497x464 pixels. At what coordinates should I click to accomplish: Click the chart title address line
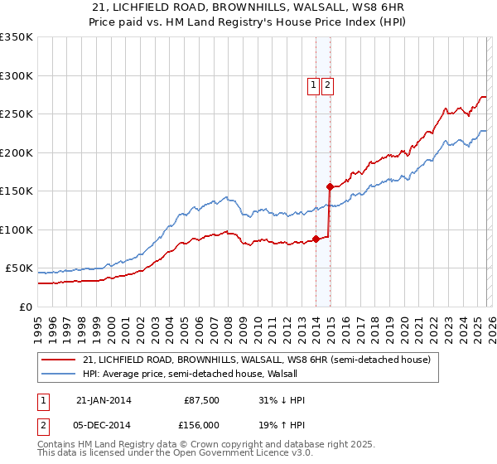(x=248, y=7)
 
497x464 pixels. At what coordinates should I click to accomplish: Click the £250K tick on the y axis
(x=17, y=114)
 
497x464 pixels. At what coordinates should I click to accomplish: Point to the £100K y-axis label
(x=17, y=230)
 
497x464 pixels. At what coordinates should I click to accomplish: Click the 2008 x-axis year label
(x=228, y=323)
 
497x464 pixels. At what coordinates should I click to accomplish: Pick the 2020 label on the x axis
(x=403, y=323)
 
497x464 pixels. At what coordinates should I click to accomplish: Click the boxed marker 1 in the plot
(x=314, y=85)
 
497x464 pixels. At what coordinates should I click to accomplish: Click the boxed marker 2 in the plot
(x=328, y=85)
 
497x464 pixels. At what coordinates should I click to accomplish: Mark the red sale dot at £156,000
(x=329, y=186)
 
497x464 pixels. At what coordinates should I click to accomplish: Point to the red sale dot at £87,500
(x=316, y=239)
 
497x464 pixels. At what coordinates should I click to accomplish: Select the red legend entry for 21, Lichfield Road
(x=257, y=360)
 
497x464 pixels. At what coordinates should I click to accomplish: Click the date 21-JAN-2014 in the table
(x=104, y=400)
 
